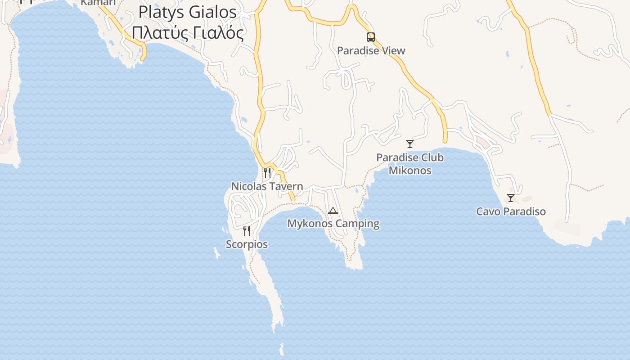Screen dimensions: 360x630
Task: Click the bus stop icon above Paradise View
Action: [370, 37]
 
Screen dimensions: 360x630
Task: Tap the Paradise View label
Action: [371, 50]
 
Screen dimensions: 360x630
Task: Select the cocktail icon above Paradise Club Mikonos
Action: [409, 144]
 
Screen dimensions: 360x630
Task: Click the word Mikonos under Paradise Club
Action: [410, 171]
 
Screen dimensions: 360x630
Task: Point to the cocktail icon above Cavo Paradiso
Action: [511, 198]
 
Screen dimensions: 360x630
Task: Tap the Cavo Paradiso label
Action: [511, 211]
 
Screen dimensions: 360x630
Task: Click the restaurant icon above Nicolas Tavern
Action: [267, 173]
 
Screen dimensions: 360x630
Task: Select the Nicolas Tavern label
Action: [267, 186]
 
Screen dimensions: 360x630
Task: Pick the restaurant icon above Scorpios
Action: [247, 231]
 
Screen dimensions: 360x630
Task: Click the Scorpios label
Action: [247, 244]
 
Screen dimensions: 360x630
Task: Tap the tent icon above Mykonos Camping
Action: [333, 211]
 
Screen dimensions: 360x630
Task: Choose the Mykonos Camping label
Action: [333, 224]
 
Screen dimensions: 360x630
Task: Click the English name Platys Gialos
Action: [187, 12]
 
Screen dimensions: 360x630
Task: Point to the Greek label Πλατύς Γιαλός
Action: [188, 33]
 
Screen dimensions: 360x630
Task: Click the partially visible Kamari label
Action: [98, 3]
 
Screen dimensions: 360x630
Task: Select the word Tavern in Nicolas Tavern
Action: [286, 186]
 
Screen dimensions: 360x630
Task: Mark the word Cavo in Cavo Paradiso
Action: [487, 211]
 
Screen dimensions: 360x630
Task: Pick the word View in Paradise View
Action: [394, 50]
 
